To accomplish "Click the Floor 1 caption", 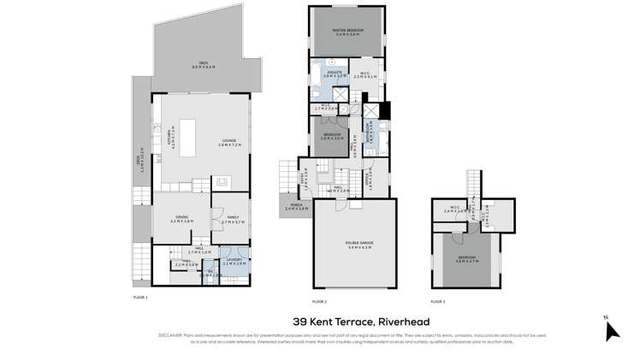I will pos(140,297).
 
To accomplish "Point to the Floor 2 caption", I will pos(319,302).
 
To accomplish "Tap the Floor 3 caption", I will pos(437,302).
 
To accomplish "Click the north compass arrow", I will pos(611,330).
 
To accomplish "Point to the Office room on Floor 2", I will pos(368,179).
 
